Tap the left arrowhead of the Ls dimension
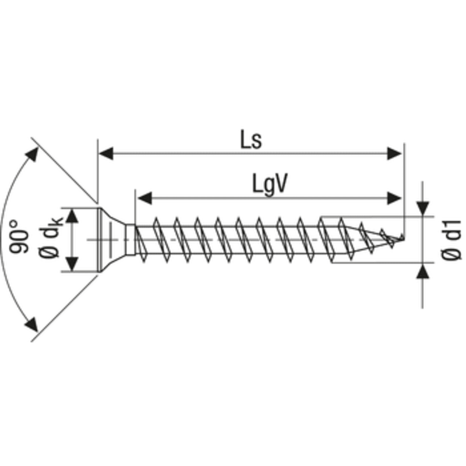105,154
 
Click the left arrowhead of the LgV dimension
143,199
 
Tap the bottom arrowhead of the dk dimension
72,264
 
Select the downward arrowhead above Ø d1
423,209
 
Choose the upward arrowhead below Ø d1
423,271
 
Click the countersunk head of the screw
114,239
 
